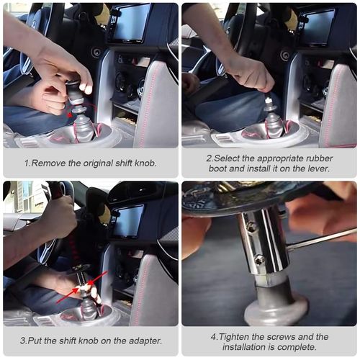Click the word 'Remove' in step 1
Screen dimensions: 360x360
point(49,163)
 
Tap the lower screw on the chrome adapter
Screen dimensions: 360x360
point(258,260)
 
